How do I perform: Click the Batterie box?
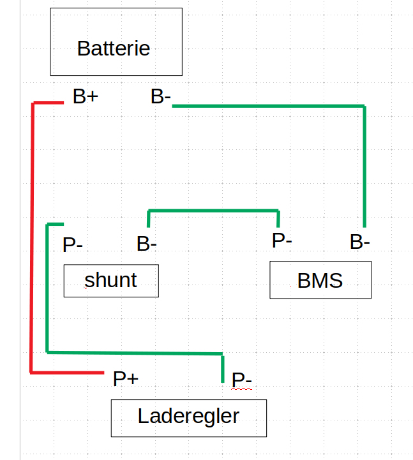(x=116, y=42)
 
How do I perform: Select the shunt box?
(x=111, y=281)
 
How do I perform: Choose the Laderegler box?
(x=189, y=419)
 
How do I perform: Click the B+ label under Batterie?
(x=85, y=97)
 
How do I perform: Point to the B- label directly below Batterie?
(x=160, y=97)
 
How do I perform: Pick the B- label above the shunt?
(x=147, y=243)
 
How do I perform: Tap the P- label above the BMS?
(x=282, y=241)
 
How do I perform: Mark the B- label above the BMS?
(x=360, y=242)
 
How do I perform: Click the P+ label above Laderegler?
(x=126, y=379)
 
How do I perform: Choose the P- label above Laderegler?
(x=242, y=379)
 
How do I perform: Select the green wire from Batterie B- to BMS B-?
(x=268, y=106)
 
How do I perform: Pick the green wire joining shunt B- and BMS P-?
(x=213, y=211)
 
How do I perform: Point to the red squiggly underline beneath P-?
(x=242, y=388)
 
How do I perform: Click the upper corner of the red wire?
(x=33, y=102)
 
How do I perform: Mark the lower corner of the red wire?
(x=32, y=372)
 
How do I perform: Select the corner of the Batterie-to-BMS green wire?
(x=364, y=107)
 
